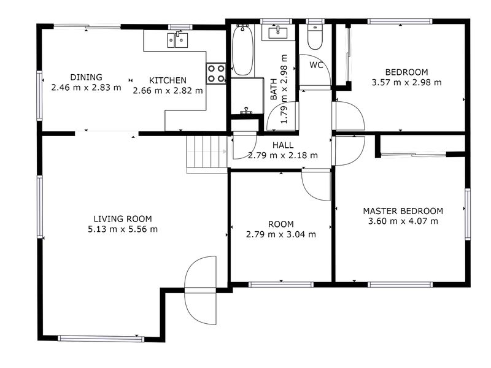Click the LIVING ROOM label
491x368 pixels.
tap(123, 219)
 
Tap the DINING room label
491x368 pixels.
tap(86, 77)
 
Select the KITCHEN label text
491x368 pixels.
tap(168, 80)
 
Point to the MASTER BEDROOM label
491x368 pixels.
tap(403, 211)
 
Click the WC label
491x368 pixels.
tap(316, 65)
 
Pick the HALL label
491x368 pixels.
tap(283, 145)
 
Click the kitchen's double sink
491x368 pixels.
tap(177, 40)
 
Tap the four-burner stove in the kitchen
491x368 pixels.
tap(216, 73)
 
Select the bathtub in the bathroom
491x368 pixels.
tap(242, 50)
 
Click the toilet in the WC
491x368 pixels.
tap(315, 37)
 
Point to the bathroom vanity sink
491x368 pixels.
tap(278, 33)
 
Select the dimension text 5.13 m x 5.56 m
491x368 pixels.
tap(123, 229)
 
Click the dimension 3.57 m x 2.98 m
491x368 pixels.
tap(406, 83)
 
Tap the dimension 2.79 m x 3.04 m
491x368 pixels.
tap(281, 234)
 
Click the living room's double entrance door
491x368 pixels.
tap(201, 290)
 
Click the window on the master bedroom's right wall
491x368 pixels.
tap(468, 214)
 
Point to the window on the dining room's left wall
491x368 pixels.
tap(39, 96)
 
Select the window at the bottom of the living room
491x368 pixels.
tap(101, 339)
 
